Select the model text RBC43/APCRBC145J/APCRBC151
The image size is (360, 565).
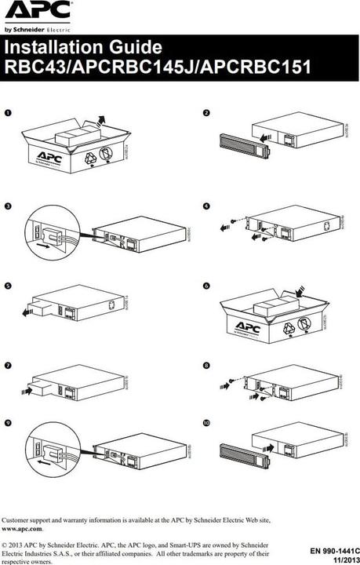tap(158, 67)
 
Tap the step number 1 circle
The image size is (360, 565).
tap(9, 112)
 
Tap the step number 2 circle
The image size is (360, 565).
tap(205, 112)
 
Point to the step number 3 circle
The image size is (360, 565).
tap(9, 206)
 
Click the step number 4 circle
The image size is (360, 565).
tap(205, 206)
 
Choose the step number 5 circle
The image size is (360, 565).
tap(9, 287)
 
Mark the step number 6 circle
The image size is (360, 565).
tap(205, 287)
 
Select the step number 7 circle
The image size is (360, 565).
tap(9, 366)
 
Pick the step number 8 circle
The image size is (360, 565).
tap(205, 366)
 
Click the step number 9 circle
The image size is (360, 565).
tap(9, 424)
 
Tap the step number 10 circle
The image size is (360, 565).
tap(206, 424)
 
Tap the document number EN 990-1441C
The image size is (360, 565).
tap(329, 552)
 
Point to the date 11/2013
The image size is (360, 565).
tap(342, 560)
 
